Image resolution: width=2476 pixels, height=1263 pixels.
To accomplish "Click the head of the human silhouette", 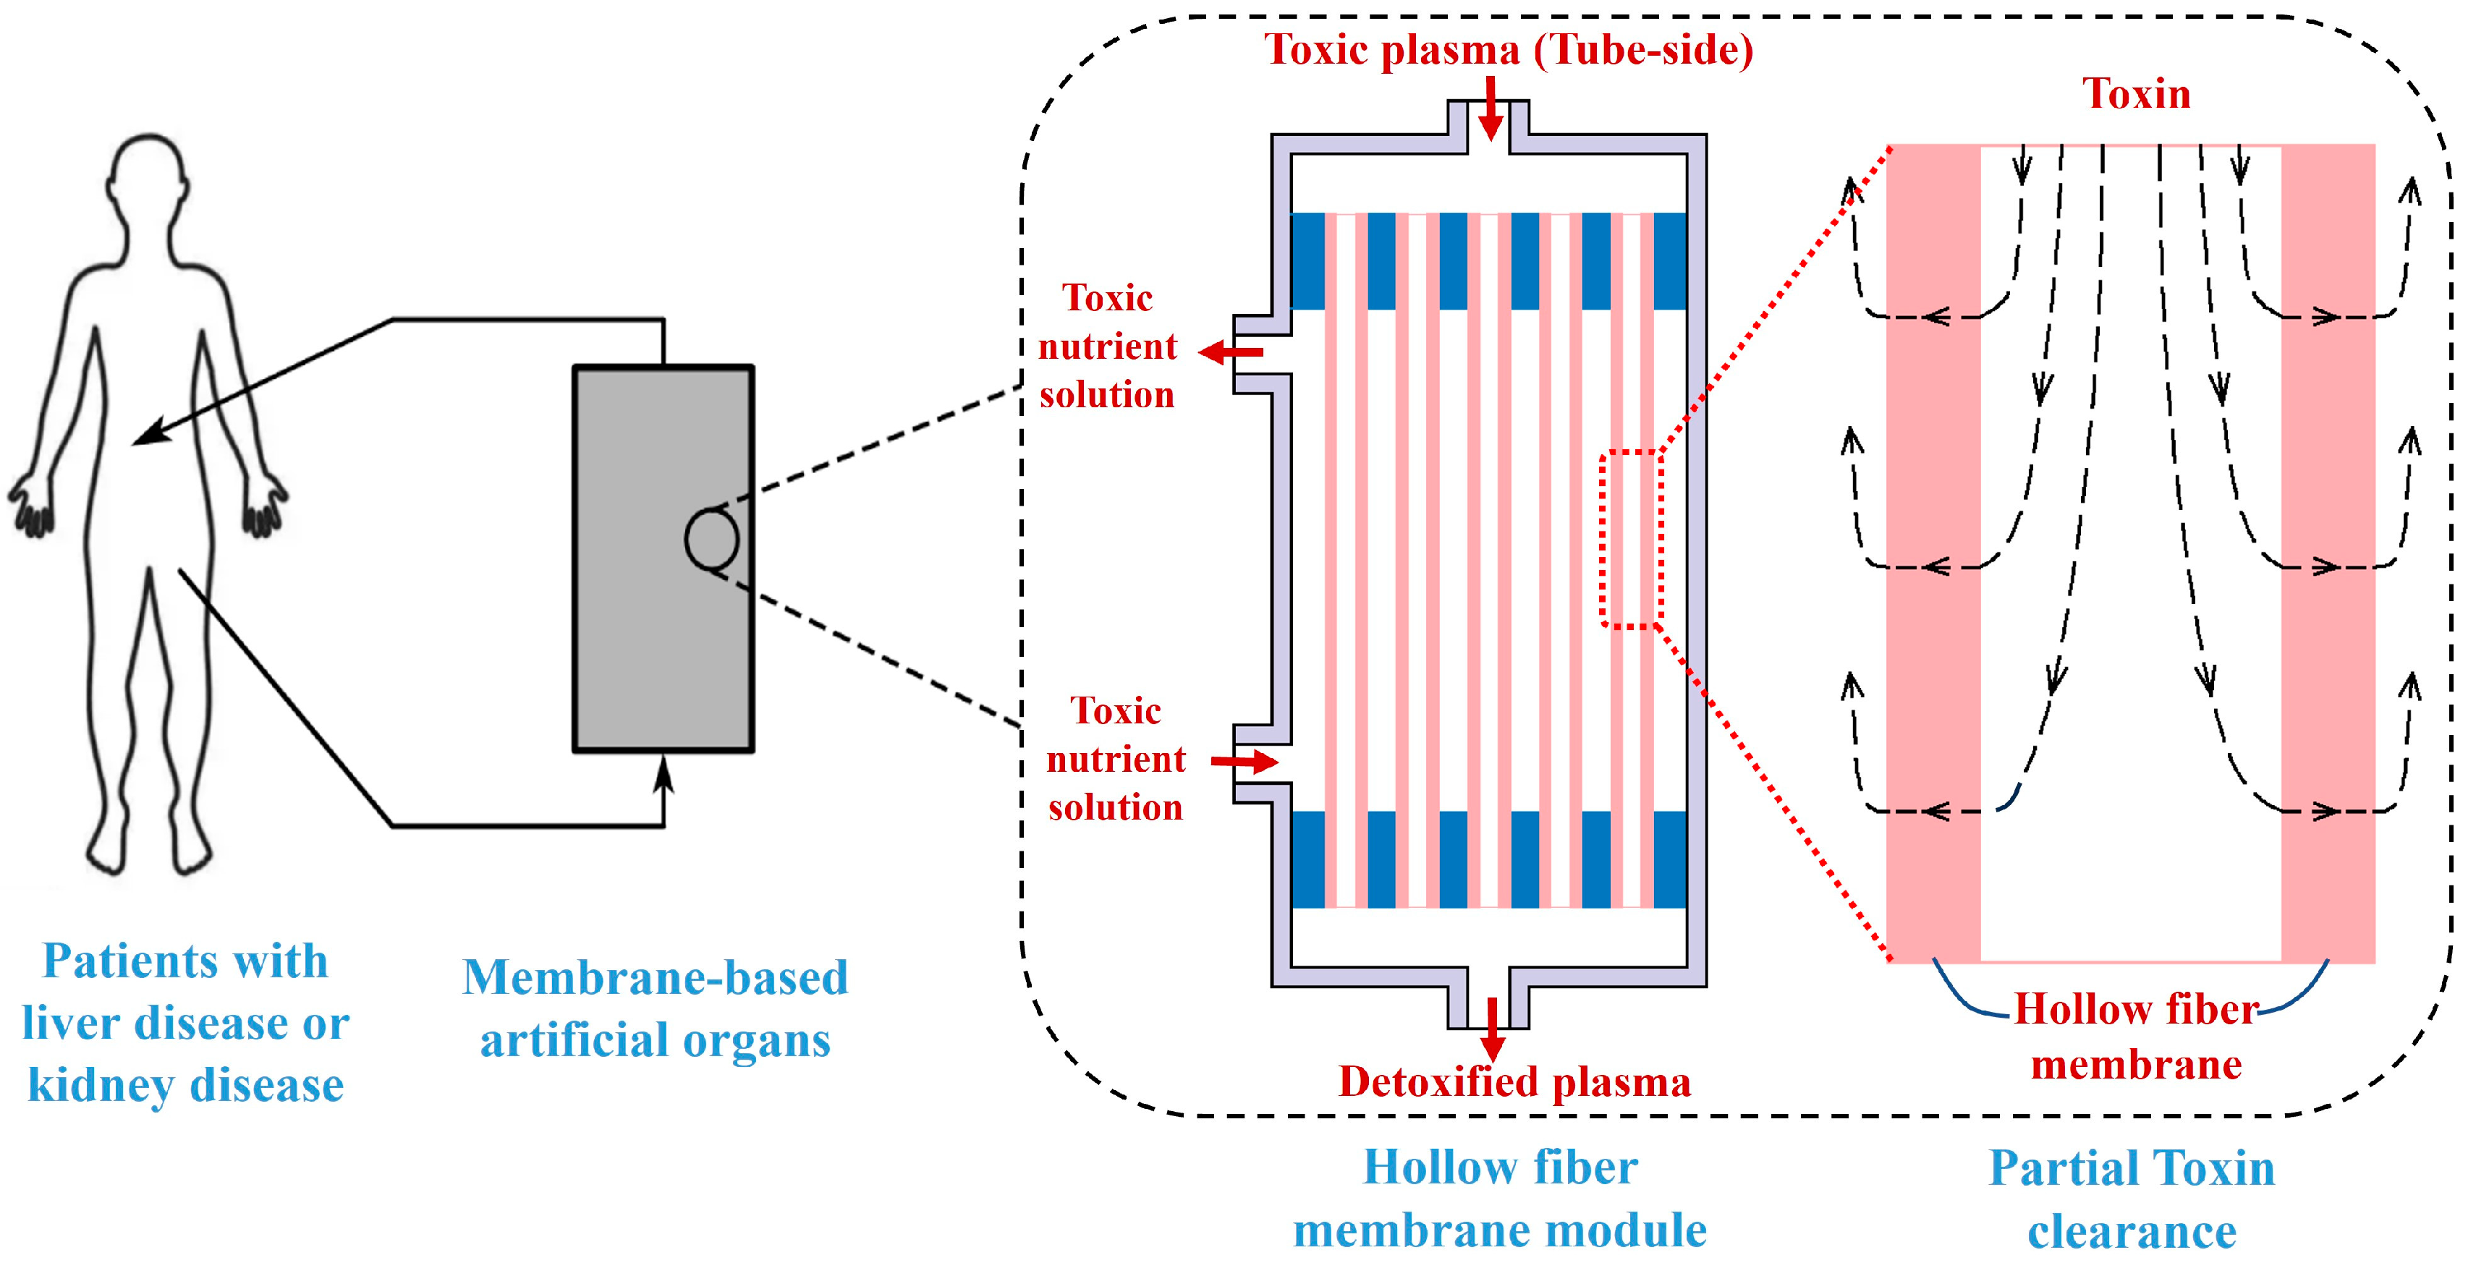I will click(x=147, y=178).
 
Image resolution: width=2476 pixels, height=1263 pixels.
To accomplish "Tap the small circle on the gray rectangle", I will click(x=711, y=539).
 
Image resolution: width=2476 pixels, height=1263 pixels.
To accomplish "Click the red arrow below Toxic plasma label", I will click(x=1490, y=108).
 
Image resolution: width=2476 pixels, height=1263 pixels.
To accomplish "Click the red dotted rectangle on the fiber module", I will click(x=1631, y=538).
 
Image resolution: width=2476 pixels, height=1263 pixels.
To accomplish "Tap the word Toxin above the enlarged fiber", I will click(x=2136, y=94).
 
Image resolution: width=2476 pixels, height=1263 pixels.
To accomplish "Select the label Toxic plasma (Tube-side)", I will click(x=1508, y=50).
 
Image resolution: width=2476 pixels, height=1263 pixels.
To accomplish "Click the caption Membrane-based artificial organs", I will click(x=656, y=1008).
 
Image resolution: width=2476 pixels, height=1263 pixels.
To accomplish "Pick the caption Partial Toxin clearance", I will click(x=2131, y=1199).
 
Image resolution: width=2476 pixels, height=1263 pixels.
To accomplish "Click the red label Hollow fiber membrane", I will click(x=2136, y=1036).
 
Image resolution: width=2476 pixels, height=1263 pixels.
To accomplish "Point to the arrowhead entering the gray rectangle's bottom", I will click(x=663, y=771).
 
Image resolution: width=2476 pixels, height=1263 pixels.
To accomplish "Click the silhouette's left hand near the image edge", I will click(x=31, y=505).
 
